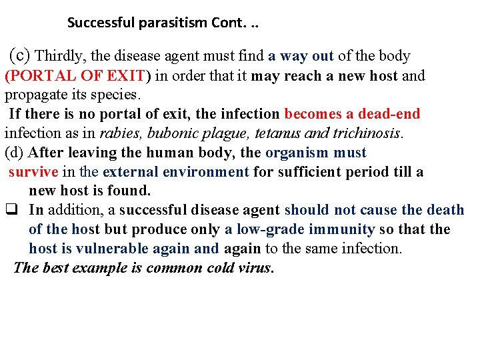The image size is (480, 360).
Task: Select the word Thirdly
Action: tap(61, 56)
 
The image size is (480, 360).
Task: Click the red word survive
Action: tap(33, 171)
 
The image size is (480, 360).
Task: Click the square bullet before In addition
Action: tap(11, 210)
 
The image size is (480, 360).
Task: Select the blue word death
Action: tap(445, 210)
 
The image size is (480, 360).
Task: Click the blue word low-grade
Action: tap(270, 229)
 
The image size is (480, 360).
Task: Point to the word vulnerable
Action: tap(117, 249)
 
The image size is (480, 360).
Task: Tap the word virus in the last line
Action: tap(255, 268)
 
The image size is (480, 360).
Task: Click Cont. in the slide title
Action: tap(233, 23)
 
